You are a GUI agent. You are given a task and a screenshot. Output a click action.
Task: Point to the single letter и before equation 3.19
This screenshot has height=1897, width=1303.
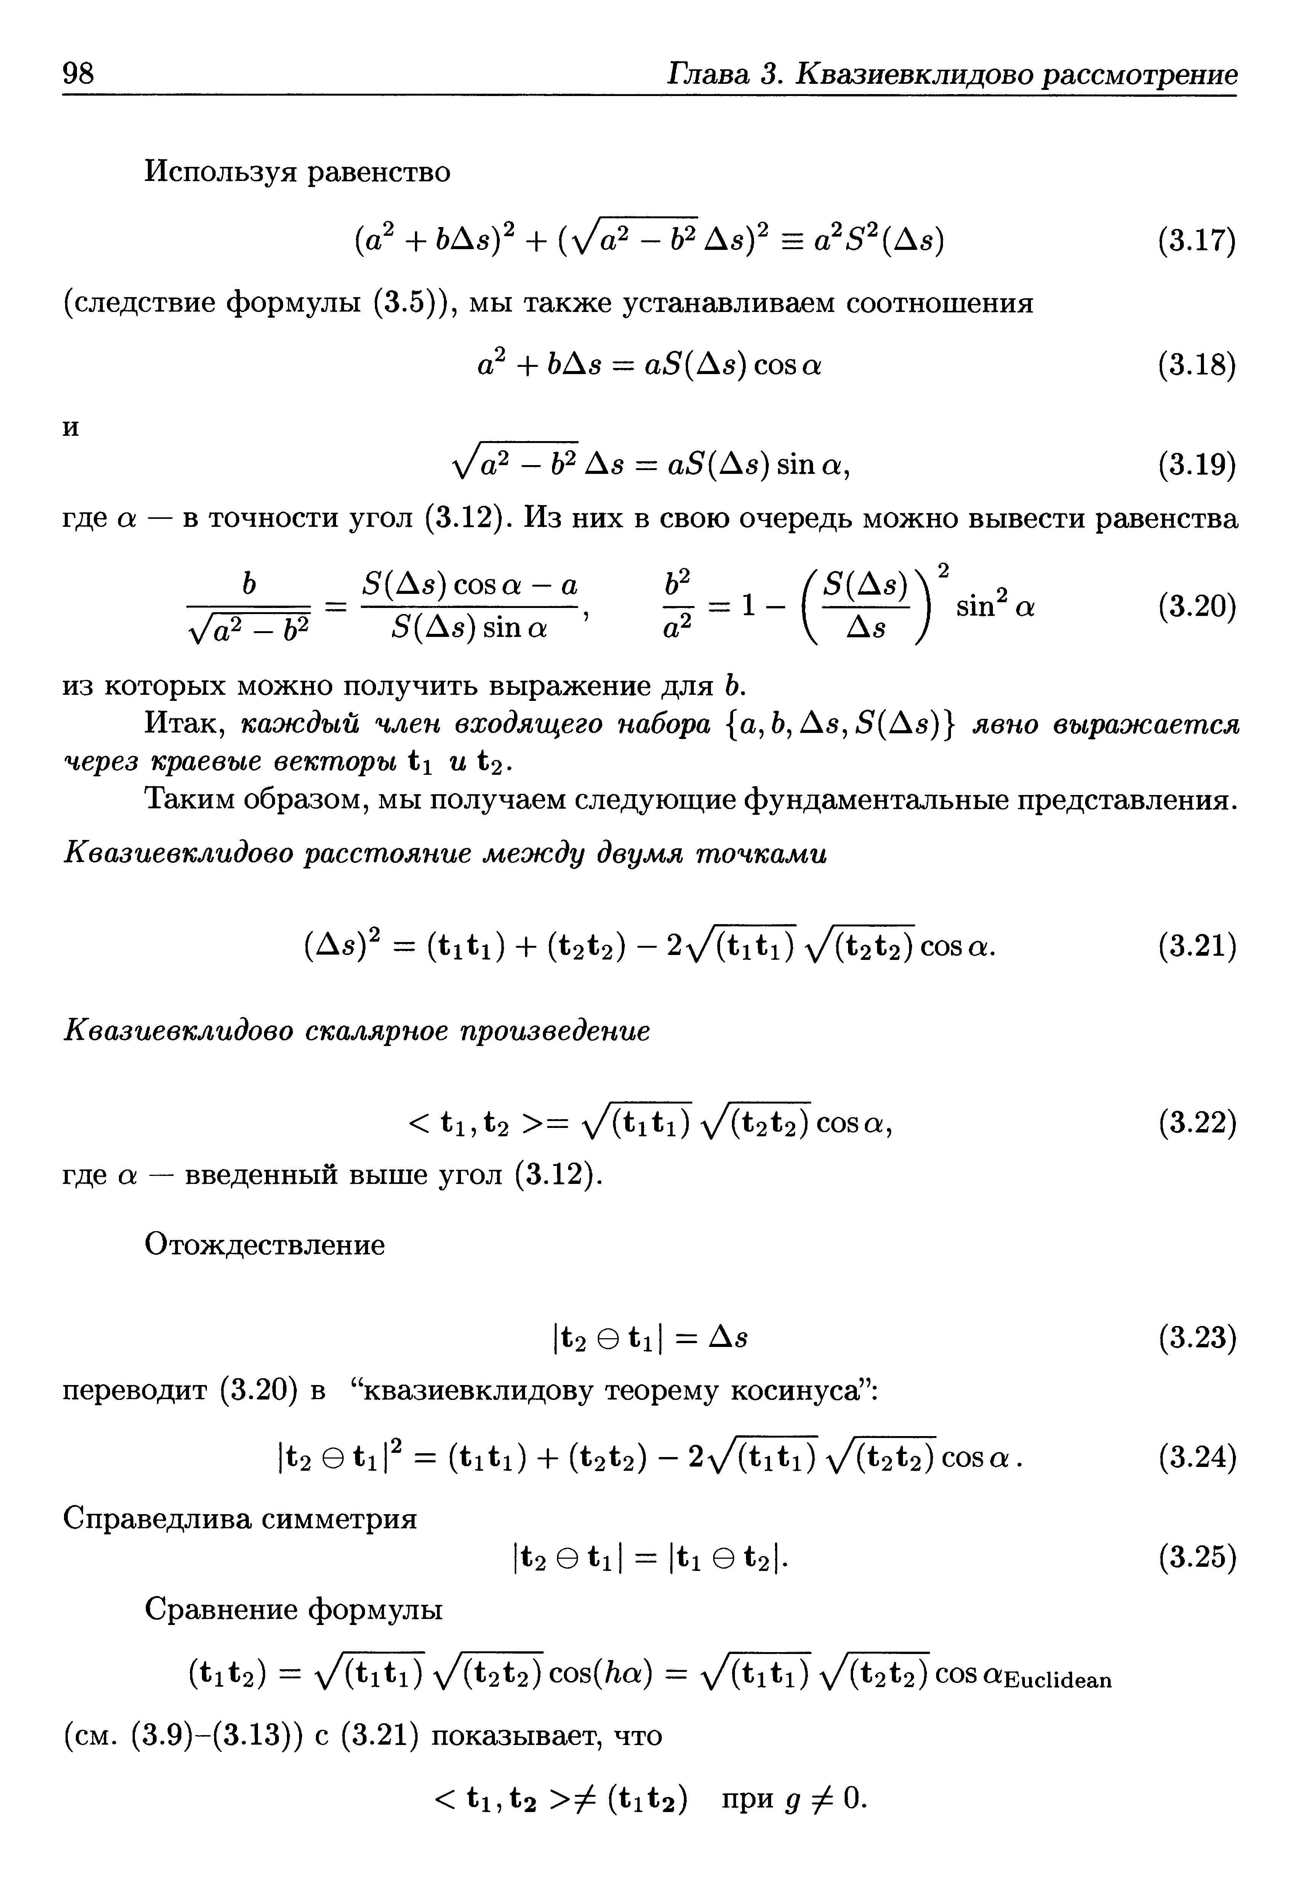[x=72, y=428]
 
